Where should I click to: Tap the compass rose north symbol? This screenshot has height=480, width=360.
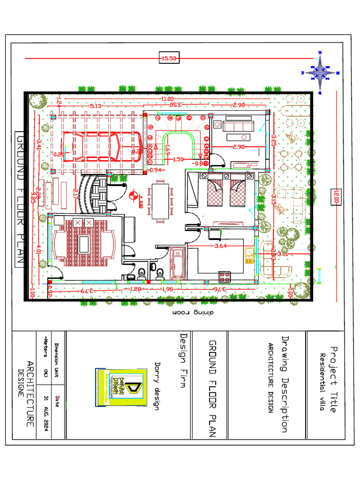(x=321, y=72)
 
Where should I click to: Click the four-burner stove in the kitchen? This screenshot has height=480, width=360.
(x=224, y=277)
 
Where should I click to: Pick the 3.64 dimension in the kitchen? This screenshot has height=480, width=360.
(x=221, y=245)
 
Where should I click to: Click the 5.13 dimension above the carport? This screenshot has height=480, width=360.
(x=96, y=106)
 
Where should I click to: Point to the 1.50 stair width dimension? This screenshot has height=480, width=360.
(x=178, y=159)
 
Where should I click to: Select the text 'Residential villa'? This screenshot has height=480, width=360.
(x=322, y=382)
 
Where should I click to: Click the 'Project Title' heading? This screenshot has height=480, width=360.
(x=333, y=379)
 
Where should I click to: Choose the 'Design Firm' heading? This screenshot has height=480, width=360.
(x=184, y=360)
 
